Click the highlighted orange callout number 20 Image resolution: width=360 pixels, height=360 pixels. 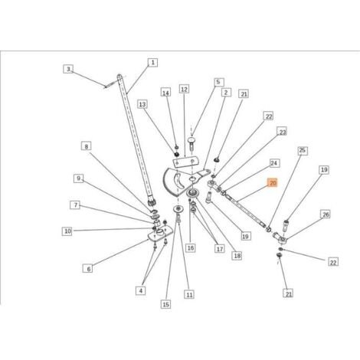(x=273, y=183)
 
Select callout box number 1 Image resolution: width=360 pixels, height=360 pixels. (x=152, y=63)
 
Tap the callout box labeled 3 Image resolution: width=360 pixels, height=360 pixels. (x=68, y=69)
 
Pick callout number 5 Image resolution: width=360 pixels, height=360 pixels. (x=218, y=82)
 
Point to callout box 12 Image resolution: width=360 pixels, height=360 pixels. (x=184, y=90)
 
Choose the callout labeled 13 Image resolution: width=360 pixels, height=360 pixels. (x=142, y=104)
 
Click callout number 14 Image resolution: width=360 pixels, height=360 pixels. (x=165, y=93)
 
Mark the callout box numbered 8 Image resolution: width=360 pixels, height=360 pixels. (x=87, y=146)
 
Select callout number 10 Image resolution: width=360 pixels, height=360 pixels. (x=67, y=231)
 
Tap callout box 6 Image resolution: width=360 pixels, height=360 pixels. (x=89, y=269)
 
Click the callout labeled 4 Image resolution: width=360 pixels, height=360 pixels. (x=141, y=290)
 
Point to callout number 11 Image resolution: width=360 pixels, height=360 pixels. (x=189, y=295)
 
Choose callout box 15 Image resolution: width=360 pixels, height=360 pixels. (x=165, y=304)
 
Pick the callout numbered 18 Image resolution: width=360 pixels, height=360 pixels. (x=237, y=256)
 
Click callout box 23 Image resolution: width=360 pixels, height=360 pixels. (x=282, y=132)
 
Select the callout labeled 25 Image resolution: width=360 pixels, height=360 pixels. (x=303, y=150)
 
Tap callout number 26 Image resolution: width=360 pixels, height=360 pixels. (x=326, y=214)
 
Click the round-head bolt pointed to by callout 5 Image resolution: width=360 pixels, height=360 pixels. (x=191, y=144)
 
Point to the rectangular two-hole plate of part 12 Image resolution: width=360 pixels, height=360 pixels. (x=185, y=162)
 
